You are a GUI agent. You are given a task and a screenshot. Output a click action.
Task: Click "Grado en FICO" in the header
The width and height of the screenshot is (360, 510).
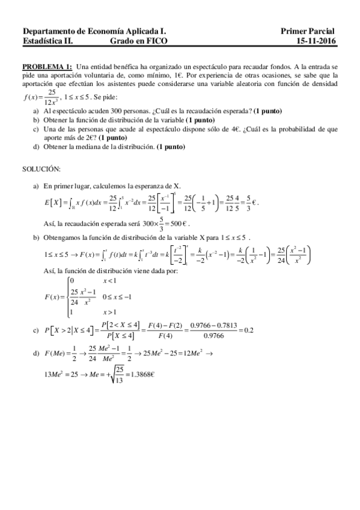pos(139,41)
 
